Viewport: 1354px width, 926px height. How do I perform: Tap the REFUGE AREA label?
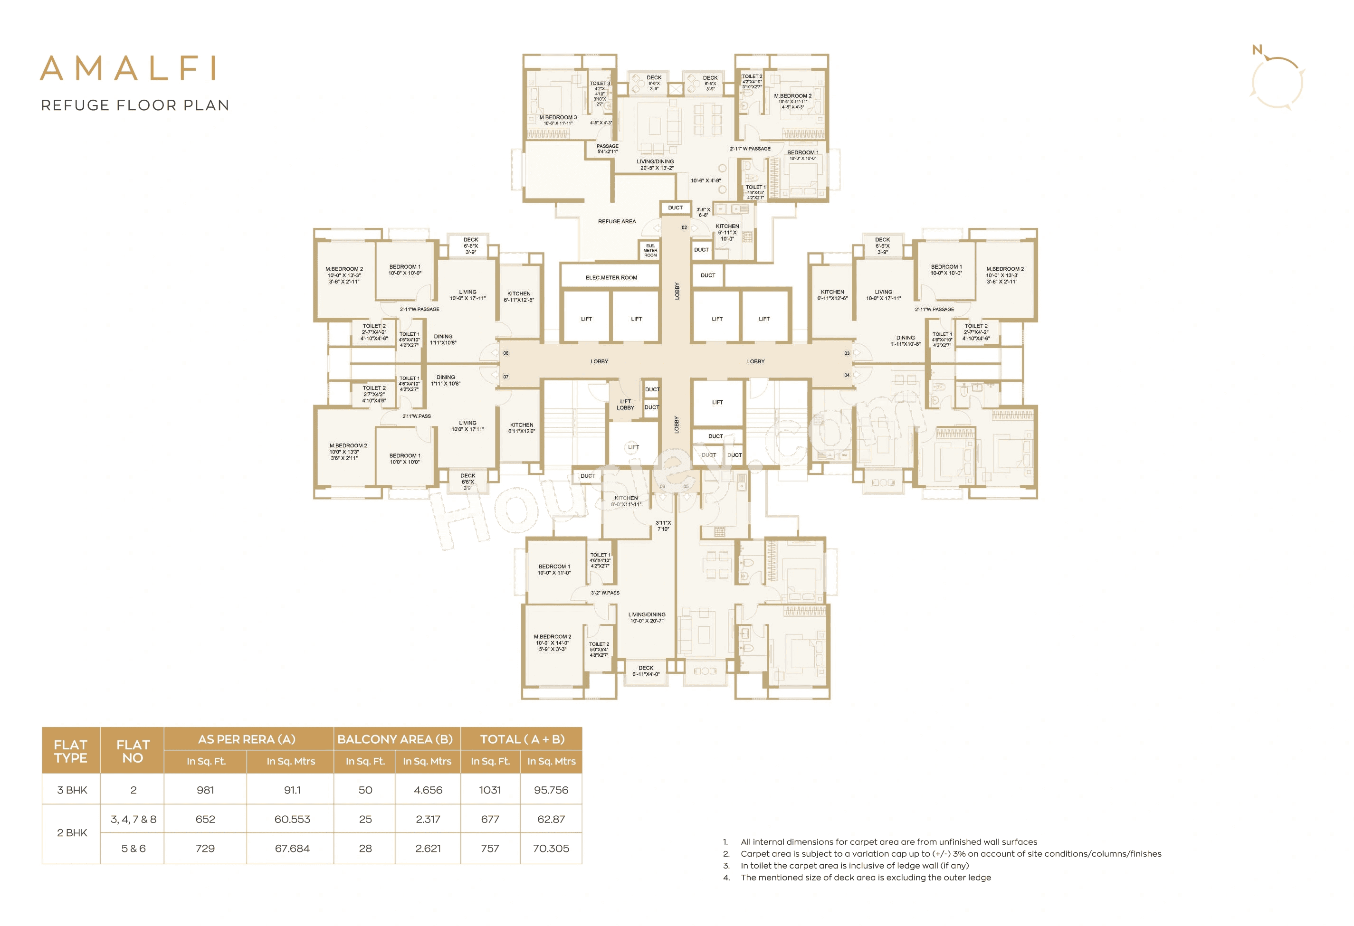click(616, 221)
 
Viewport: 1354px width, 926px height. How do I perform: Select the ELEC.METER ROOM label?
click(611, 278)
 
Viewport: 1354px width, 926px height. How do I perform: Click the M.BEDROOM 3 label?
click(558, 118)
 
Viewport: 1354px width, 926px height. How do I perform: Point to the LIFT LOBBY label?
click(625, 404)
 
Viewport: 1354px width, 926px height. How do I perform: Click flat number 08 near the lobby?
click(505, 353)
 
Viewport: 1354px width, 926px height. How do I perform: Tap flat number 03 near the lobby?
click(847, 353)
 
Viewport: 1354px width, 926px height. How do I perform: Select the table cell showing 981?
click(205, 790)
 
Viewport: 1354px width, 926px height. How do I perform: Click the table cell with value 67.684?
click(292, 849)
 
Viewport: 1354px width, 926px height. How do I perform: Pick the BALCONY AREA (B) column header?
click(395, 739)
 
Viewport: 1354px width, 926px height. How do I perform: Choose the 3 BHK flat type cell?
click(72, 790)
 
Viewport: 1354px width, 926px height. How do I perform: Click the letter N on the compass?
click(1257, 50)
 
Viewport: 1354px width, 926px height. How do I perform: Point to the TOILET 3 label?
click(600, 83)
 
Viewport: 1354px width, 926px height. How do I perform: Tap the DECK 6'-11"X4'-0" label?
click(646, 671)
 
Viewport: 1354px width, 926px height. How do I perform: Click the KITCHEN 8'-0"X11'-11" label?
click(626, 501)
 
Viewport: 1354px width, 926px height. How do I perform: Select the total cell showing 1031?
click(489, 790)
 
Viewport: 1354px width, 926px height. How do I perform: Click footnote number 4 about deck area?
click(726, 878)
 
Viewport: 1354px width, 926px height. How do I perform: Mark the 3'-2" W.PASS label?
click(605, 593)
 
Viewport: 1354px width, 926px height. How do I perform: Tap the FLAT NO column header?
click(133, 751)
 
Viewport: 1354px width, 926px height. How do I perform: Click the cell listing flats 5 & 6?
click(133, 849)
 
